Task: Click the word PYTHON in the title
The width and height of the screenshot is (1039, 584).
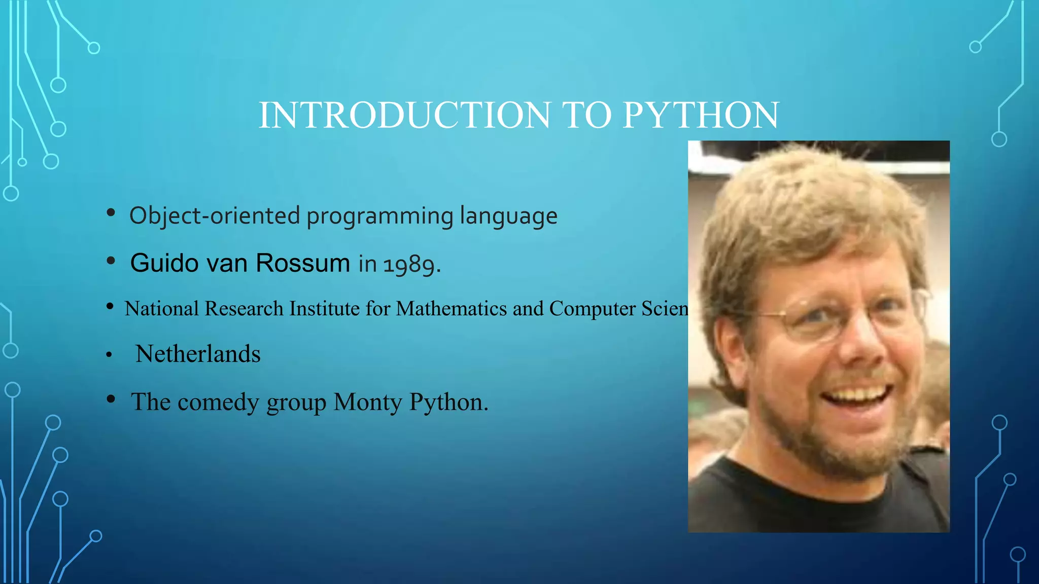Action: point(701,115)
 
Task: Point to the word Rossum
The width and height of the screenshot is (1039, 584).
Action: point(302,263)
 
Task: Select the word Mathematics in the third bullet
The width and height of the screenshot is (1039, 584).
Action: point(451,309)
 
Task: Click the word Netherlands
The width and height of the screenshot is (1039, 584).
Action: point(198,354)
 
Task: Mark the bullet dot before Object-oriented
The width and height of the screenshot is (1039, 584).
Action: point(111,213)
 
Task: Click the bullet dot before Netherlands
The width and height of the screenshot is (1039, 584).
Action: point(109,355)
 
